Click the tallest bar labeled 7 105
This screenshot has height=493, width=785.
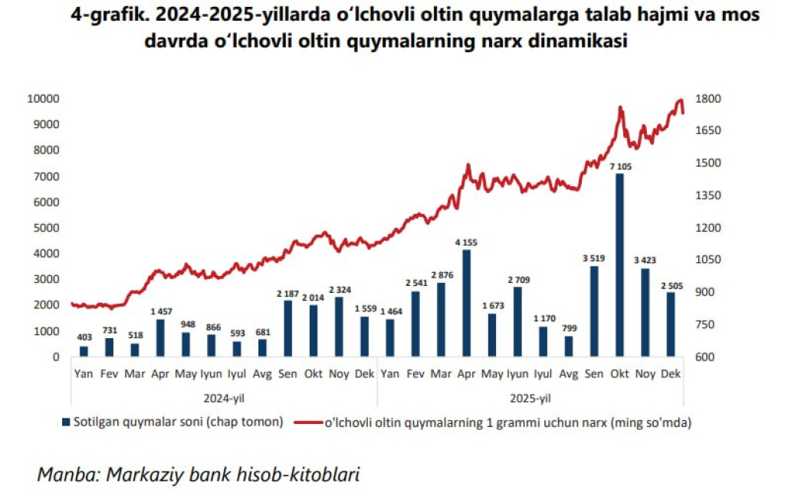pyautogui.click(x=620, y=265)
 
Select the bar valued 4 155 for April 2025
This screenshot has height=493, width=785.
pyautogui.click(x=466, y=304)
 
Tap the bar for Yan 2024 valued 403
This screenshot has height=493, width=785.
pyautogui.click(x=84, y=351)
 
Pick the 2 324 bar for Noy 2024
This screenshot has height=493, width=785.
pyautogui.click(x=339, y=327)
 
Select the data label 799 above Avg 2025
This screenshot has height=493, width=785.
pyautogui.click(x=568, y=329)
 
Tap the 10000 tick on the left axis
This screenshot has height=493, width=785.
pyautogui.click(x=43, y=99)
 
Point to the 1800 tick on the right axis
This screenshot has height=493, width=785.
pyautogui.click(x=706, y=99)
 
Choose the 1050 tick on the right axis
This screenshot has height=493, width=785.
pyautogui.click(x=706, y=260)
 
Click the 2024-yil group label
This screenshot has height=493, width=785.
pyautogui.click(x=224, y=398)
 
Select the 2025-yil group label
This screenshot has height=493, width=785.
pyautogui.click(x=530, y=398)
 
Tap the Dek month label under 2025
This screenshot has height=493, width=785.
pyautogui.click(x=671, y=373)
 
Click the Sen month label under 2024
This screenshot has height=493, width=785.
pyautogui.click(x=287, y=373)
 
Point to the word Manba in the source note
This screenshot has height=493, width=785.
pyautogui.click(x=64, y=473)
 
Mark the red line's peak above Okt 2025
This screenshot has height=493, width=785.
pyautogui.click(x=620, y=108)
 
